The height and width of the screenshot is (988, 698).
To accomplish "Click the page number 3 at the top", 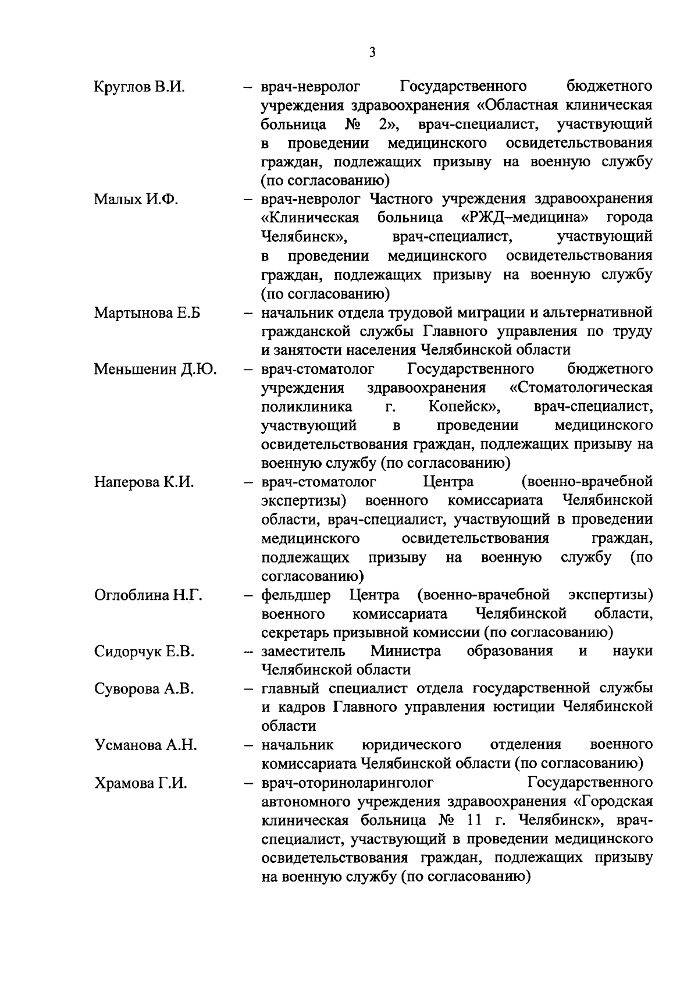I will coord(372,52).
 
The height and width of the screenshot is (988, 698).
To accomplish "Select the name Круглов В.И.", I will coord(139,87).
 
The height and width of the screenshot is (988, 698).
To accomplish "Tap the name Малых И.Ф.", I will coord(136,200).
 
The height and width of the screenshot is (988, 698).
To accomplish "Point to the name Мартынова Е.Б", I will coord(147,312).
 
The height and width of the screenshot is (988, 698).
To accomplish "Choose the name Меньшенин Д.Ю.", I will coord(155,369).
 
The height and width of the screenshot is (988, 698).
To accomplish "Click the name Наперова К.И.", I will coord(143,482).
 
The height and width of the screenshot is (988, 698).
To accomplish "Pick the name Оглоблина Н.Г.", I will coord(148,595).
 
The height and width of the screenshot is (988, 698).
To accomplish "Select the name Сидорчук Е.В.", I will coord(144,651).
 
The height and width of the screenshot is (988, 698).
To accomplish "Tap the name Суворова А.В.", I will coord(144,689).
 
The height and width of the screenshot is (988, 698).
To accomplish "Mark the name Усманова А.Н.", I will coord(145,745).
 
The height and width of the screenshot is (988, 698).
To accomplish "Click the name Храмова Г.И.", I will coord(140,783).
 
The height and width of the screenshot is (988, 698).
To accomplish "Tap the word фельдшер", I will coord(296,595).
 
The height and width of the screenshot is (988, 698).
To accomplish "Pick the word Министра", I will coord(405,651).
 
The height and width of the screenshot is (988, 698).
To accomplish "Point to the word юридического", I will coord(411,745).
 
